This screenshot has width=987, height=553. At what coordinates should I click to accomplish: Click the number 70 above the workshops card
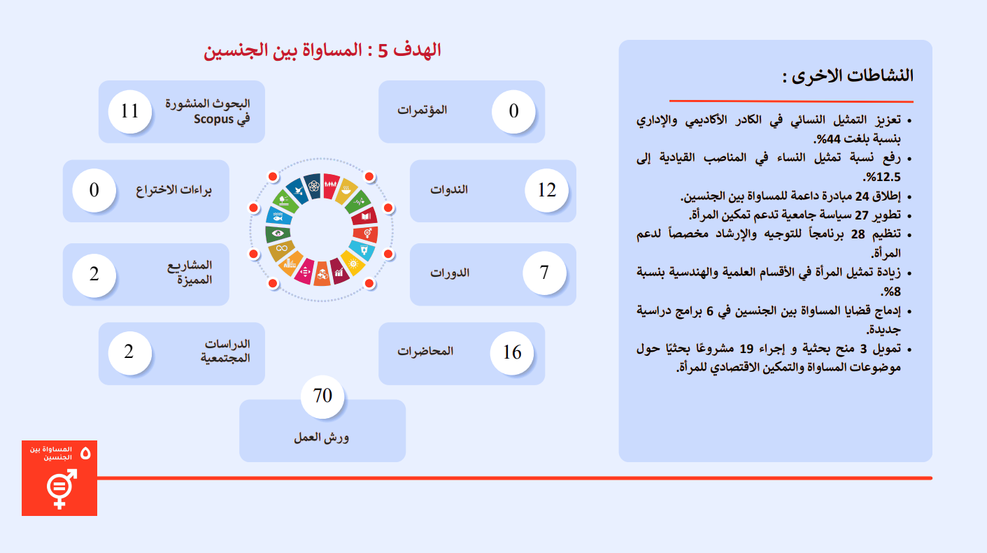coord(322,396)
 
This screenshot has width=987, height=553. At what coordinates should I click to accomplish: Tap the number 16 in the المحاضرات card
coord(512,352)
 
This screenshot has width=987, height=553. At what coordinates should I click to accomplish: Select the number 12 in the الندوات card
coord(547,190)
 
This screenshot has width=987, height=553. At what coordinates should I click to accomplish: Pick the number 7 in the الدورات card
coord(544,273)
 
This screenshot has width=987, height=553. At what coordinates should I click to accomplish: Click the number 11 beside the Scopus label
coord(130,111)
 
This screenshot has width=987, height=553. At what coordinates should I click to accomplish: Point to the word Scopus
coord(214,120)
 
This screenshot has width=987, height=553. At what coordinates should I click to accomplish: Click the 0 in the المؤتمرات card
coord(513,111)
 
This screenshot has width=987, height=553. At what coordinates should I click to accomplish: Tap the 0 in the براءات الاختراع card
coord(94,190)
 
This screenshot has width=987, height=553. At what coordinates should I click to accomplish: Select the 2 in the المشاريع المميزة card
coord(94,274)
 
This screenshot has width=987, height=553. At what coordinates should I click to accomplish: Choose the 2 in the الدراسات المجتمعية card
coord(129,352)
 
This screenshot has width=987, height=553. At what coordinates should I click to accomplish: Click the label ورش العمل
coord(322,437)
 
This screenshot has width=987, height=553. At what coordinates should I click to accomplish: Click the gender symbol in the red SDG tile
coord(61,488)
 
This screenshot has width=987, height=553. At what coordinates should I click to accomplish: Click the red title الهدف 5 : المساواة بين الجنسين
coord(322,50)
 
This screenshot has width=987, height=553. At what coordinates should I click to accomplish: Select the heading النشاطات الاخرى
coord(848,76)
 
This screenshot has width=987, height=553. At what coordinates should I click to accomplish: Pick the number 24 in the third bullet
coord(862,196)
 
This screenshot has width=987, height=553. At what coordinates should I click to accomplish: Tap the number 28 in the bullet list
coord(858,234)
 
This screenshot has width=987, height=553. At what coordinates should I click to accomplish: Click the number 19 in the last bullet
coord(746,349)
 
